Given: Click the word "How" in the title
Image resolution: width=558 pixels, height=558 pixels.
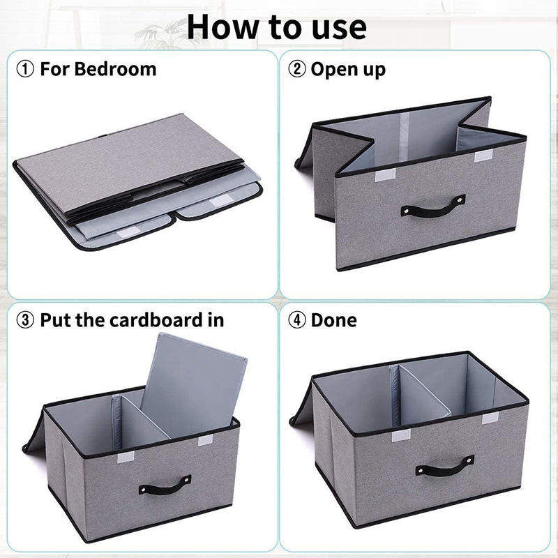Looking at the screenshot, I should click(221, 27).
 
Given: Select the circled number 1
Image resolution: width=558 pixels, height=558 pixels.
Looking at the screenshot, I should click(26, 69).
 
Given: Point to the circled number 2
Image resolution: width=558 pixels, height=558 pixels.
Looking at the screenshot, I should click(297, 69).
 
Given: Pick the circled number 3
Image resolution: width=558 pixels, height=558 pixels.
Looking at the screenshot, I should click(26, 320).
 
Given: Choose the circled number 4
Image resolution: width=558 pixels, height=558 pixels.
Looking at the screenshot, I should click(297, 320).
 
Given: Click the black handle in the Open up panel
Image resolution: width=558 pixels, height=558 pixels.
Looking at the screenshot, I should click(433, 206).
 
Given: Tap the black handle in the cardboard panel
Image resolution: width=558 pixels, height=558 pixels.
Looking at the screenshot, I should click(165, 484).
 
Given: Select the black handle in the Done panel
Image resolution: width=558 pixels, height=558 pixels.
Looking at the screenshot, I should click(444, 465).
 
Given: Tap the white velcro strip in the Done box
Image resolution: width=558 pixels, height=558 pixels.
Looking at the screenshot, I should click(400, 436).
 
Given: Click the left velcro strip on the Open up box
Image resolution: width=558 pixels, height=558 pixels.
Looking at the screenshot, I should click(385, 176).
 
